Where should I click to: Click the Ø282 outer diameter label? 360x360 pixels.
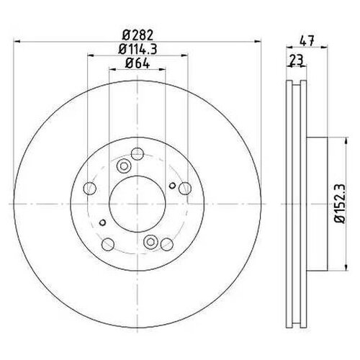click(137, 33)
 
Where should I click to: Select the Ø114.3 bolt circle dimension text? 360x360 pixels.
click(137, 49)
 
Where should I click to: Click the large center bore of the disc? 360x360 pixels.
click(137, 204)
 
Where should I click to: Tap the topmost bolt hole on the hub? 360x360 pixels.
click(137, 153)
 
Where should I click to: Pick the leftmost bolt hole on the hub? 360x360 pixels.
click(89, 189)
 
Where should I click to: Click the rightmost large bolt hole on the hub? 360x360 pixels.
click(185, 189)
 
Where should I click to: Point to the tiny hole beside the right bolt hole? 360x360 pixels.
click(172, 186)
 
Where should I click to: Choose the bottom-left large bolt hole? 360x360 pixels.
click(107, 245)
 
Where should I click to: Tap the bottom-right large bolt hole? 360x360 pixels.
click(166, 245)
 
